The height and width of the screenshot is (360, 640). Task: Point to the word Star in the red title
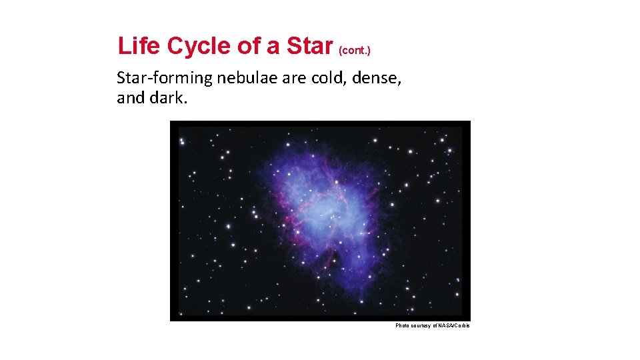coord(309,46)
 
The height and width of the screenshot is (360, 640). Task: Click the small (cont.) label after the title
coord(355,50)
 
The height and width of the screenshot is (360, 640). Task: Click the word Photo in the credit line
coord(403,325)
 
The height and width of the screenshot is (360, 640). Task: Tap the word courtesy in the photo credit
coord(423,325)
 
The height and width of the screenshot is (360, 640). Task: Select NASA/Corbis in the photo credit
coord(455,325)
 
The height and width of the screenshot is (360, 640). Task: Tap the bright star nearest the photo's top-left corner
coord(182,141)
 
